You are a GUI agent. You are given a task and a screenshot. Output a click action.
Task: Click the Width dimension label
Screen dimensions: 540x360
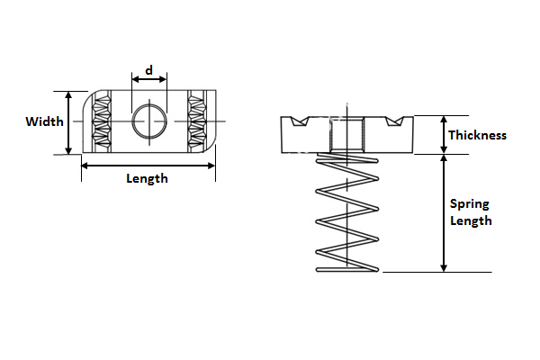point(44,121)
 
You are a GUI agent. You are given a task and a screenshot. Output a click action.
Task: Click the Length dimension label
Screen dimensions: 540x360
point(147,179)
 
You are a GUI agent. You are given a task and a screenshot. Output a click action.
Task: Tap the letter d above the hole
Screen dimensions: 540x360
point(148,70)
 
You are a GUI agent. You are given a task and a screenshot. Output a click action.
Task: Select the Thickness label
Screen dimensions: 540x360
point(477,135)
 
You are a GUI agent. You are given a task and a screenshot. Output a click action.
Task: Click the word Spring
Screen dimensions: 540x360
point(470,204)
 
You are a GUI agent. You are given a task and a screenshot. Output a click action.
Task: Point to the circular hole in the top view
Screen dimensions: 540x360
point(149,121)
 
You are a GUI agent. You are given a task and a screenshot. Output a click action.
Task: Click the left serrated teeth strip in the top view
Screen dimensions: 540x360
point(102,121)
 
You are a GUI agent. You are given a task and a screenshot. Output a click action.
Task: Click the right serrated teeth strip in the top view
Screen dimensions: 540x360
point(197,121)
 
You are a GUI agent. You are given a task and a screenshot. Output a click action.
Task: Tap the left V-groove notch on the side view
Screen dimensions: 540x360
point(300,121)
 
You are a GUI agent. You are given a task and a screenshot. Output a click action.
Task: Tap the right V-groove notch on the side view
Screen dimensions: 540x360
point(394,121)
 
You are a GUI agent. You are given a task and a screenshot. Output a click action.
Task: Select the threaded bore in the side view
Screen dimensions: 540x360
point(346,135)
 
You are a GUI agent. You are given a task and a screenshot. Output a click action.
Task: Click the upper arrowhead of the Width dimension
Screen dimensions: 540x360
point(69,95)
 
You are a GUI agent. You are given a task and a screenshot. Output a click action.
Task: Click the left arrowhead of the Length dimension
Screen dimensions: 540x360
point(85,166)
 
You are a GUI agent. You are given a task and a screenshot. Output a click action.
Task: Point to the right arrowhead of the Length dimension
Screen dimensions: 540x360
point(211,166)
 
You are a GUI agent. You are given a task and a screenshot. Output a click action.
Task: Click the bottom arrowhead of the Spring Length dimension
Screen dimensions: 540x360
point(444,267)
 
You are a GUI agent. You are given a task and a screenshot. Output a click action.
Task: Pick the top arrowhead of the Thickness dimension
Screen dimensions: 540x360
point(444,121)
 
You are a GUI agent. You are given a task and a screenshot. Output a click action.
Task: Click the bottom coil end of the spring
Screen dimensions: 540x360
point(347,270)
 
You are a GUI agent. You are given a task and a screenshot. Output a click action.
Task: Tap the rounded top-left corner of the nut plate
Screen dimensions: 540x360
point(88,97)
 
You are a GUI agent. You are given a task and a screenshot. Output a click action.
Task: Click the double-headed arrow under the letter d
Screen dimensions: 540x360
point(149,79)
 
